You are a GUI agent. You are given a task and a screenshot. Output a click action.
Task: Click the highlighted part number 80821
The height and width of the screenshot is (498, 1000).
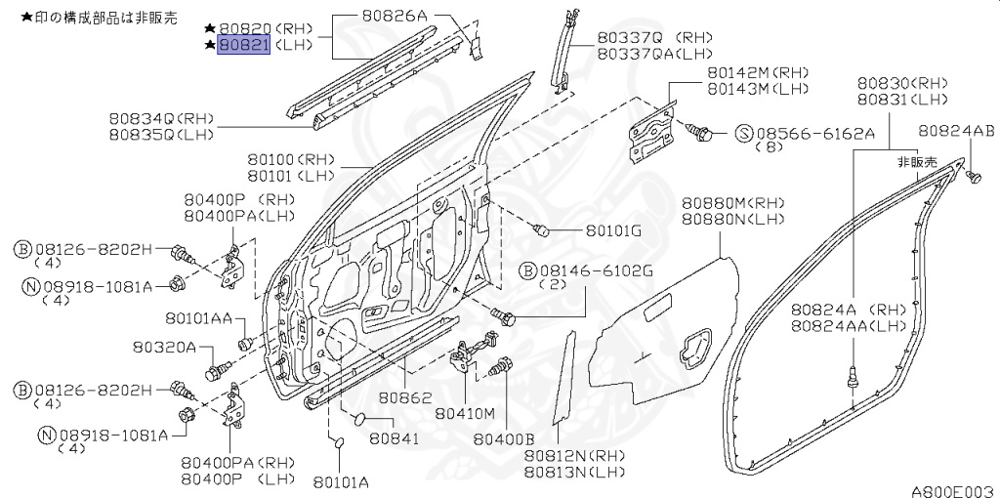(243, 45)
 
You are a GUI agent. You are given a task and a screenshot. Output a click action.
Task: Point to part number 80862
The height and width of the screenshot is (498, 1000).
(405, 396)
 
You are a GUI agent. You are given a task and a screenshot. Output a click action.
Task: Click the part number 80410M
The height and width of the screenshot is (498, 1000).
(466, 414)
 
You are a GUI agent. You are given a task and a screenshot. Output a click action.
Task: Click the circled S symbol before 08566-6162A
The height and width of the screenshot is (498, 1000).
(744, 133)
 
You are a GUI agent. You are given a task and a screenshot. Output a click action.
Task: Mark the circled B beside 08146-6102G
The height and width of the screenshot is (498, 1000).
(527, 271)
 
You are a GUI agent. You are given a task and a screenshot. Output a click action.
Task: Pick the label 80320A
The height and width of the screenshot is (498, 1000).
(164, 347)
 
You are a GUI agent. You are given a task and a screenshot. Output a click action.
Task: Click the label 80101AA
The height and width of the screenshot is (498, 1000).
(199, 317)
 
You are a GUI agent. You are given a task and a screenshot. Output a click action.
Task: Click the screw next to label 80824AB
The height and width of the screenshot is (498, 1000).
(973, 177)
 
